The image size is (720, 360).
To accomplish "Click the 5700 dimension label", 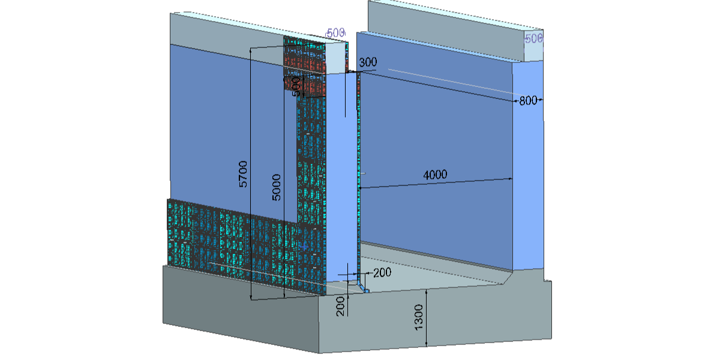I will (243, 173).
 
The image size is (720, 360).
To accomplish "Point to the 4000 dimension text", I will (435, 175).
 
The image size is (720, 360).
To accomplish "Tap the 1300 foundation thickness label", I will (419, 316).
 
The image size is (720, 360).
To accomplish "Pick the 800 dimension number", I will (528, 101).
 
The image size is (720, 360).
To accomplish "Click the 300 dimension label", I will (368, 62).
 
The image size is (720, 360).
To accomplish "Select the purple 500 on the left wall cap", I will (335, 33).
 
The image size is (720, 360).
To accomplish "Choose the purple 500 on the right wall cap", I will (533, 38).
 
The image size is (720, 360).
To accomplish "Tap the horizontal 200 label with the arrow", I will (382, 272).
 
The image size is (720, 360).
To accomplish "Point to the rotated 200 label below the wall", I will (341, 306).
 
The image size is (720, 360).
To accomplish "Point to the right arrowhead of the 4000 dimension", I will (510, 178).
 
